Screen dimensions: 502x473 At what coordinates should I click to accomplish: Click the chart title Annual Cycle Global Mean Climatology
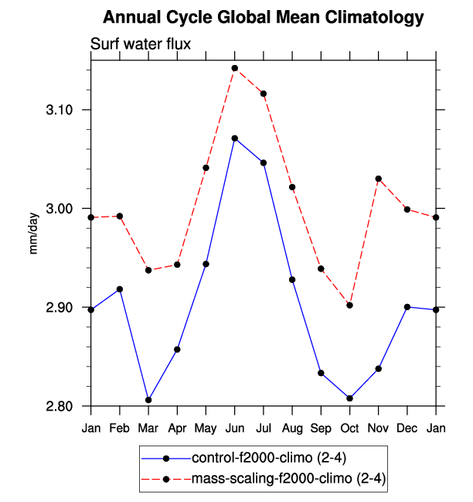pyautogui.click(x=263, y=18)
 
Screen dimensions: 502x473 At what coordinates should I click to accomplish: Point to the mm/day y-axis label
pyautogui.click(x=34, y=234)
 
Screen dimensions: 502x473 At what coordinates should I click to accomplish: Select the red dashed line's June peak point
pyautogui.click(x=234, y=68)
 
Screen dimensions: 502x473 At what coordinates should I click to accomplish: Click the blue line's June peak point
pyautogui.click(x=234, y=138)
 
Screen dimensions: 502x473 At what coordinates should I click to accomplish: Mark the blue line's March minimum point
pyautogui.click(x=148, y=400)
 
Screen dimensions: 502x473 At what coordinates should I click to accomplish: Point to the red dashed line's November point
pyautogui.click(x=379, y=179)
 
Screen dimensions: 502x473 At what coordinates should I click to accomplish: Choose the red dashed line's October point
pyautogui.click(x=349, y=306)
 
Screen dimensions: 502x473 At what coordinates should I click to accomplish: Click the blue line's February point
pyautogui.click(x=119, y=289)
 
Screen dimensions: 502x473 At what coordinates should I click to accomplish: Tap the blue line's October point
pyautogui.click(x=349, y=398)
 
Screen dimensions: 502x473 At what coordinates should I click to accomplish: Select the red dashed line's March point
pyautogui.click(x=148, y=270)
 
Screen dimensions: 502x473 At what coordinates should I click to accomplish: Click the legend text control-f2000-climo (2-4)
pyautogui.click(x=263, y=458)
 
